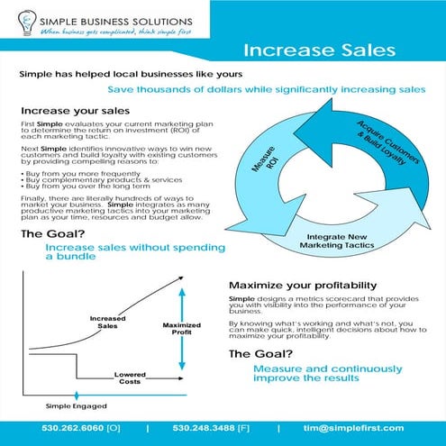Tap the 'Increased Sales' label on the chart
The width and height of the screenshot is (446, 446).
(x=108, y=322)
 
